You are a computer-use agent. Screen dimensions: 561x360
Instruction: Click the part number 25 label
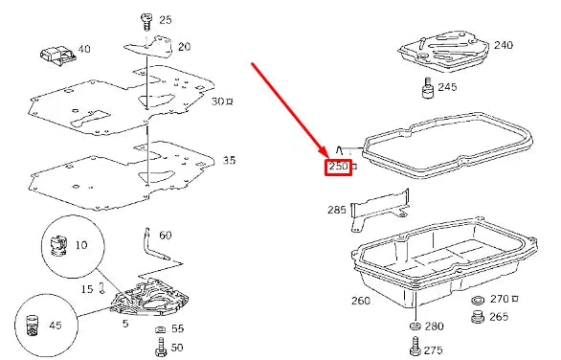pyautogui.click(x=166, y=20)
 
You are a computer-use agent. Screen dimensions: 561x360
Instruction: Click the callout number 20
pyautogui.click(x=184, y=46)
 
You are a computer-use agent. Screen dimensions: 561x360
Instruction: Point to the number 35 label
pyautogui.click(x=229, y=161)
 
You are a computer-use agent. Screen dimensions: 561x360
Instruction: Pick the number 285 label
pyautogui.click(x=337, y=210)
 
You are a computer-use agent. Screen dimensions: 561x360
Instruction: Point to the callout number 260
pyautogui.click(x=361, y=301)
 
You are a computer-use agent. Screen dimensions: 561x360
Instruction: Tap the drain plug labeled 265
pyautogui.click(x=476, y=318)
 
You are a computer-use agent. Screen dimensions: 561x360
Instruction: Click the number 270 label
pyautogui.click(x=499, y=300)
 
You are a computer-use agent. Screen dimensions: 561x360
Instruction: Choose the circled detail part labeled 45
pyautogui.click(x=34, y=325)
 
